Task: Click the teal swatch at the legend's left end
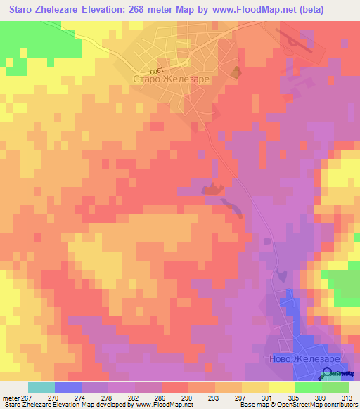coord(41,387)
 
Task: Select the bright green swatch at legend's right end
coord(335,387)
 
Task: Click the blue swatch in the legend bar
coord(67,387)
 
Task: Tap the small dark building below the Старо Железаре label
coord(236,72)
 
